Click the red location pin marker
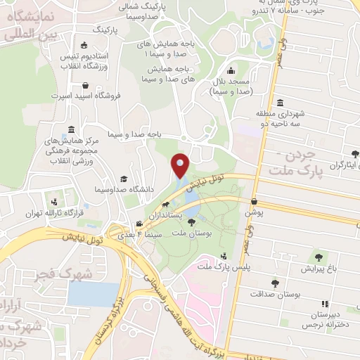pyautogui.click(x=181, y=165)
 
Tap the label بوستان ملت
pyautogui.click(x=171, y=232)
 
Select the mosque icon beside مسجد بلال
pyautogui.click(x=231, y=70)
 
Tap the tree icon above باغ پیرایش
pyautogui.click(x=320, y=257)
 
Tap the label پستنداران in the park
pyautogui.click(x=168, y=212)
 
